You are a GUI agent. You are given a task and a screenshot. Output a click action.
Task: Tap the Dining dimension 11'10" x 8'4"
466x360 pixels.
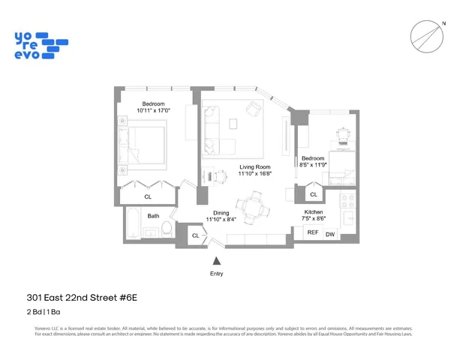[221, 220]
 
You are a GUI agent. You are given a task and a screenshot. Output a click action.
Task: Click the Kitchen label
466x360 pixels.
[314, 212]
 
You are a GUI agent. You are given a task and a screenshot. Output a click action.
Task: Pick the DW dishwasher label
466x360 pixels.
[330, 235]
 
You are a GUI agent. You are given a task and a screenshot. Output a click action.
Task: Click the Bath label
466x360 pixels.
[153, 216]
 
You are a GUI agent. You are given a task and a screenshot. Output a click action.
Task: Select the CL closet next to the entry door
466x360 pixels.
[195, 235]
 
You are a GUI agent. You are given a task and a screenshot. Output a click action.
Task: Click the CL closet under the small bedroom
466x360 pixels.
[313, 194]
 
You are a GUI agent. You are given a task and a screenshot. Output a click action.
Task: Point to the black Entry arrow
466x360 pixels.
[217, 260]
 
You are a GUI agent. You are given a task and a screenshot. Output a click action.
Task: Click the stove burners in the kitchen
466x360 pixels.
[347, 200]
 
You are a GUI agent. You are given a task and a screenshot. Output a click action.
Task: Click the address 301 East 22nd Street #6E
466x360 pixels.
[86, 298]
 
